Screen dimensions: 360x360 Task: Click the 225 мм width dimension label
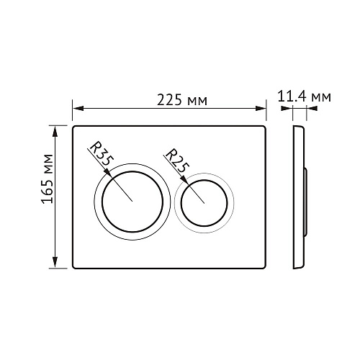[x=182, y=100]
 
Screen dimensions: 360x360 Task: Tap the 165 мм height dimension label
[x=47, y=179]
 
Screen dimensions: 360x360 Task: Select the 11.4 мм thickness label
[x=305, y=96]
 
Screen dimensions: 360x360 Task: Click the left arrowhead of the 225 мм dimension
[x=78, y=108]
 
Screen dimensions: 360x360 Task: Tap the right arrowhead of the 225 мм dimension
[x=261, y=108]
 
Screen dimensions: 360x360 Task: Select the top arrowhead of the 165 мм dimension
[x=55, y=132]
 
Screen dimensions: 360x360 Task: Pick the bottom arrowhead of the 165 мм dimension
[x=55, y=262]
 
